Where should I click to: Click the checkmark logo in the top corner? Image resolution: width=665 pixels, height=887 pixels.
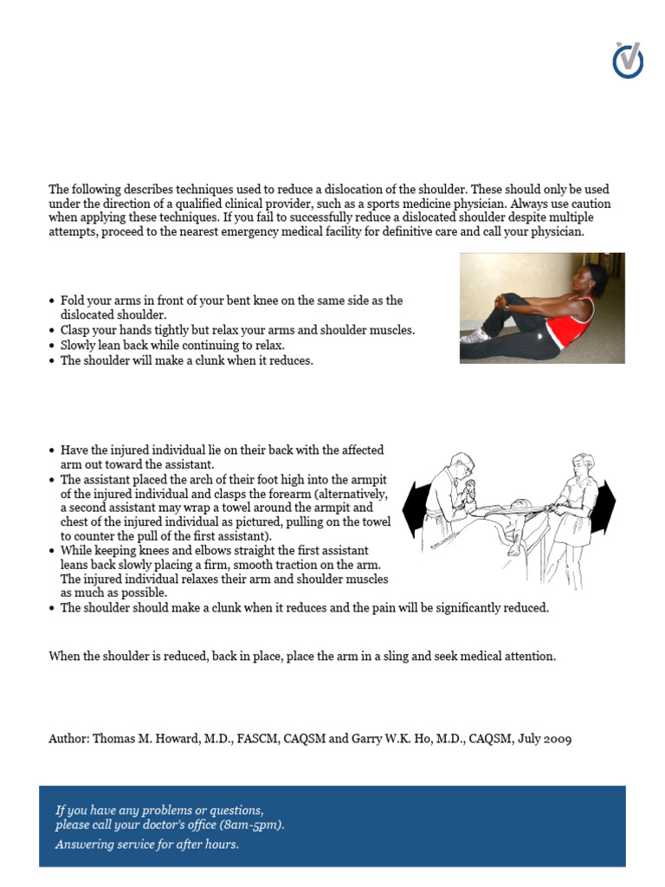[628, 60]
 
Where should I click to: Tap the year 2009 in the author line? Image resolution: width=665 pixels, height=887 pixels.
[555, 739]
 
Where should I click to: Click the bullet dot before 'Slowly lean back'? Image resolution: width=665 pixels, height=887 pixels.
[52, 346]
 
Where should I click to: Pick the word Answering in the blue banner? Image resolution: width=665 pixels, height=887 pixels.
[85, 844]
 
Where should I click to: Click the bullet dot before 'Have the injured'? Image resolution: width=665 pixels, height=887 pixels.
[52, 451]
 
